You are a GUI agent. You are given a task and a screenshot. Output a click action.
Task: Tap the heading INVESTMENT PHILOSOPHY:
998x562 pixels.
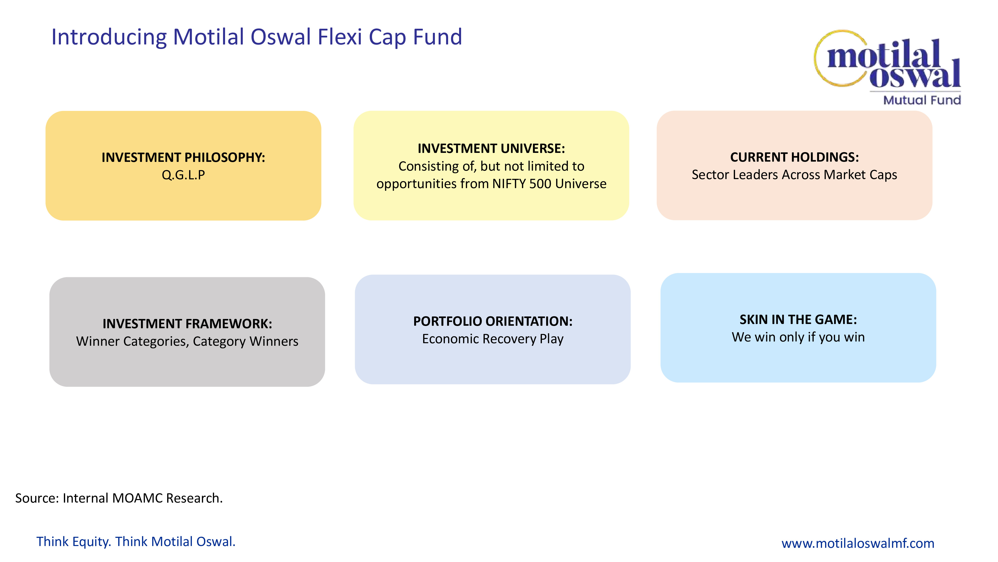183,157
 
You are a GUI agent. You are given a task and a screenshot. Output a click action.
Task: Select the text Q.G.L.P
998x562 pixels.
183,175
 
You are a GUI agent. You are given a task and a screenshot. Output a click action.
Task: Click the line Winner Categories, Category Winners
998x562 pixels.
187,341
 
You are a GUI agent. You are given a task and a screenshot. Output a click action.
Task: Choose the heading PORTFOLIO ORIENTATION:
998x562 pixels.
493,321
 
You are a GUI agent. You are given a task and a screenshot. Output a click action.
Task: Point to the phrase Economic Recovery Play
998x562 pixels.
493,339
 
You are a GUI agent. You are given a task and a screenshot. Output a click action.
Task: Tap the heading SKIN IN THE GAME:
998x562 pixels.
798,320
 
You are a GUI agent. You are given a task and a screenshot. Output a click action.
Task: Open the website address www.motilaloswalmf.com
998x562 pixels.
858,543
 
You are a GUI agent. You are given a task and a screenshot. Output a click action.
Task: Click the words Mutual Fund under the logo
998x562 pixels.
922,100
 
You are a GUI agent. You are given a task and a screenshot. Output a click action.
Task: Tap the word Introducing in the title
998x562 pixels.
109,37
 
